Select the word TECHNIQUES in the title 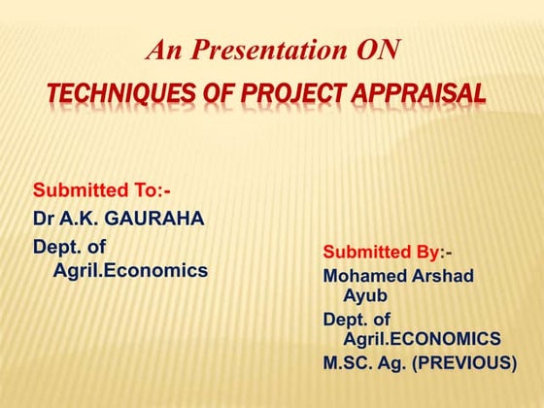click(x=110, y=94)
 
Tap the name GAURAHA click(x=155, y=218)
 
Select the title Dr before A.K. click(x=45, y=218)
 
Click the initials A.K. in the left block click(x=83, y=218)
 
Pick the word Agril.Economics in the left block click(x=129, y=271)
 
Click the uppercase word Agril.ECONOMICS click(x=422, y=338)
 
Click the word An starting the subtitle click(x=161, y=50)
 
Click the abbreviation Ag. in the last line click(x=399, y=363)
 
